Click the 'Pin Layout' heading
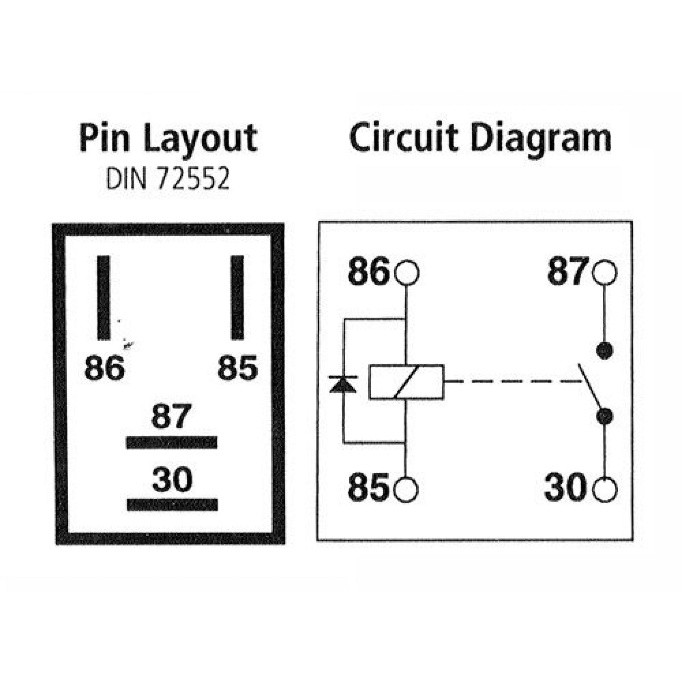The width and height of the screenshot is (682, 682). pos(169,139)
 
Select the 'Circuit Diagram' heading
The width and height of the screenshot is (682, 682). pos(480,139)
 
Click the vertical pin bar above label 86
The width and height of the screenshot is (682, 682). pos(104,298)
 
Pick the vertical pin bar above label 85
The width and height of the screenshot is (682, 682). pos(237,298)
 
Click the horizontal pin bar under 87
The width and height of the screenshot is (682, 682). pos(172,443)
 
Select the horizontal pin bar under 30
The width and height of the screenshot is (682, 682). pos(172,505)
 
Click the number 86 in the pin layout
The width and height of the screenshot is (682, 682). pos(105,368)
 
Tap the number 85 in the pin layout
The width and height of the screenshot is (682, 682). pos(237,368)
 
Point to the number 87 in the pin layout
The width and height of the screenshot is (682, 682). pos(171,416)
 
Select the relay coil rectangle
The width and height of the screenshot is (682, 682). pos(406,382)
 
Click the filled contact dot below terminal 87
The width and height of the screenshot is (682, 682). pos(604,351)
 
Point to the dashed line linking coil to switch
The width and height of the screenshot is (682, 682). pos(512,381)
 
